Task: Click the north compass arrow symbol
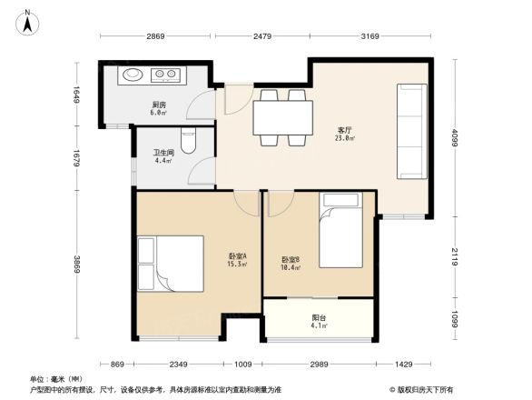click(28, 21)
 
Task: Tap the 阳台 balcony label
click(319, 320)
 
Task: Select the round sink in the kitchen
click(133, 74)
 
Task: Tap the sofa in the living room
click(411, 131)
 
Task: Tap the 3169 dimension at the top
click(369, 36)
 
